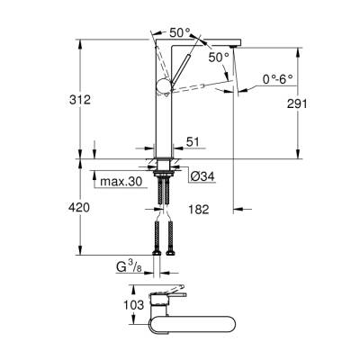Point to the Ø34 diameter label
pos(201,175)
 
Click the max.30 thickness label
pos(121,183)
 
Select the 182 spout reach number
pos(199,210)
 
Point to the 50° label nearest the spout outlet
pos(217,57)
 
